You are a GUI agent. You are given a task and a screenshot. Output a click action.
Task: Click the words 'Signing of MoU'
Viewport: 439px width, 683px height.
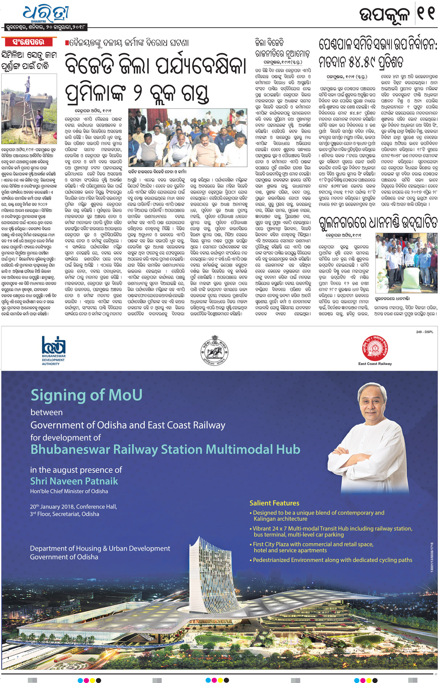87,395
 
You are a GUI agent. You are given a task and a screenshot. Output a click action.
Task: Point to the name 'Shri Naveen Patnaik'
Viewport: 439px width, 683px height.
74,481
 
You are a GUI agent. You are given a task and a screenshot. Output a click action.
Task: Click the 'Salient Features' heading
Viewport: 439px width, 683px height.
274,503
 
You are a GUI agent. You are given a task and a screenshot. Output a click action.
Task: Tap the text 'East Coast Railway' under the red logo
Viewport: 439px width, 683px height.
375,364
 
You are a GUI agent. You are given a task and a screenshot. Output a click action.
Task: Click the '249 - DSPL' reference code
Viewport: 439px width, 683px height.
424,332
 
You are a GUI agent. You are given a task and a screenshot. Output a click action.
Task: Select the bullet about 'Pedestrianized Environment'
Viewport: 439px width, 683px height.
332,560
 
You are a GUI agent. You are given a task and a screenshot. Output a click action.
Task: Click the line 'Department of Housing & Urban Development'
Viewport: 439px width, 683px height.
100,548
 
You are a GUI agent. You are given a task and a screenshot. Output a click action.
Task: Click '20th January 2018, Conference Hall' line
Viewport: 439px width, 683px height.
73,507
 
